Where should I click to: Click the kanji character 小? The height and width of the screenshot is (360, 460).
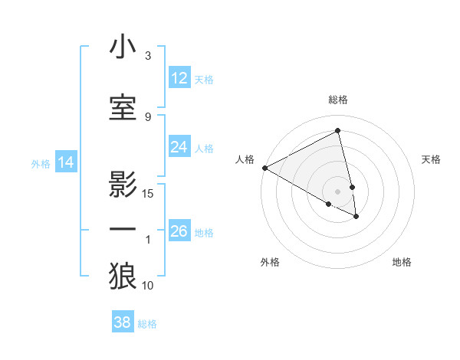[123, 47]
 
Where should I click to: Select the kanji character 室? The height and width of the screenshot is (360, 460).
[123, 107]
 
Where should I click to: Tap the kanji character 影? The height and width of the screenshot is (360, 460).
[123, 184]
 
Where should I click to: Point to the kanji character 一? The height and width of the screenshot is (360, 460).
[123, 230]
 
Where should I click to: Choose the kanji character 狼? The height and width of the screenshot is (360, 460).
[123, 277]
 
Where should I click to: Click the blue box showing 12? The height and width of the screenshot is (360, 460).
[179, 78]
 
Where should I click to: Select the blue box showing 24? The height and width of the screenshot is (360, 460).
[179, 147]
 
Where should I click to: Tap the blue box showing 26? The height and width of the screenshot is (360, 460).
[179, 231]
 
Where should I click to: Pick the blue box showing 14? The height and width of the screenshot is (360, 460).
[66, 162]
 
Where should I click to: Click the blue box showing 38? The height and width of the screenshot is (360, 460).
[123, 322]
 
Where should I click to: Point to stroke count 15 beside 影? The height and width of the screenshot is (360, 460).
[148, 194]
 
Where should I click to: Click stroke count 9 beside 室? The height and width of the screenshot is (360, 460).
[148, 116]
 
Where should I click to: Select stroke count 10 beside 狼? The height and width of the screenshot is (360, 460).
[148, 286]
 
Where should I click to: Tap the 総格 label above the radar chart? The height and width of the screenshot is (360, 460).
[338, 100]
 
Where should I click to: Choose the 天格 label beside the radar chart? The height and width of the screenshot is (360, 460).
[432, 159]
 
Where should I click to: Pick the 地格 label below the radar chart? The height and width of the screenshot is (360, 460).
[402, 263]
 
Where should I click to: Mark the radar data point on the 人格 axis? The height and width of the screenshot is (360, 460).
[264, 168]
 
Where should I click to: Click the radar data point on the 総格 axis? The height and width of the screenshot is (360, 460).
[338, 131]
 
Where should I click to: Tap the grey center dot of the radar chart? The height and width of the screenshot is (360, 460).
[338, 191]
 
